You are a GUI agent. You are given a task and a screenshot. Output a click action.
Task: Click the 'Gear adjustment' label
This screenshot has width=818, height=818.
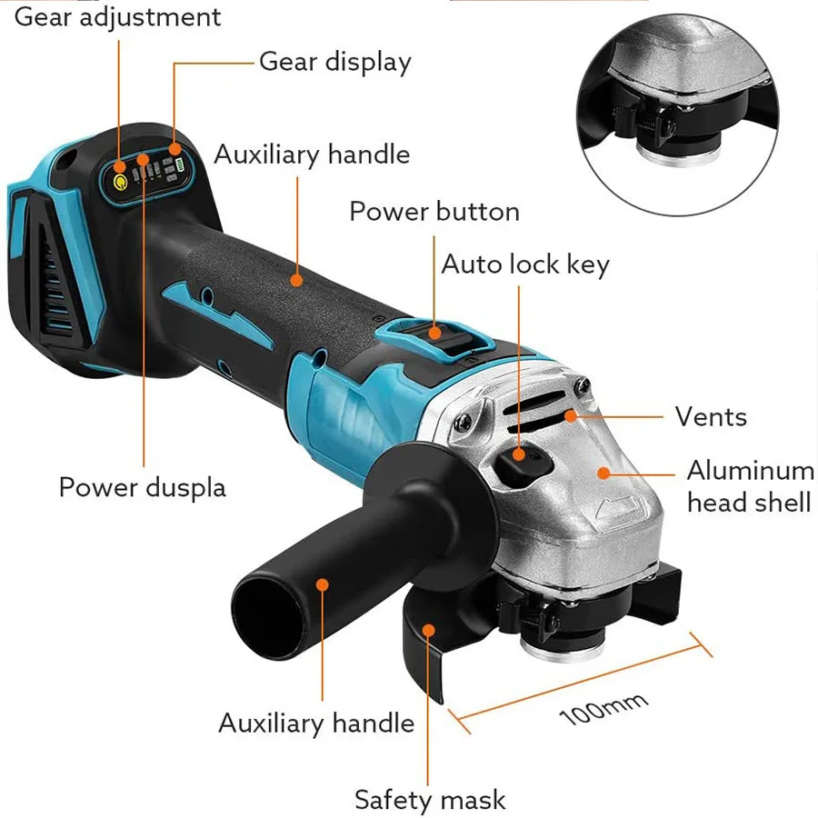[117, 16]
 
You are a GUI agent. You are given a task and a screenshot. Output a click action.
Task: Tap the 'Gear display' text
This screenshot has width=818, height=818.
[334, 62]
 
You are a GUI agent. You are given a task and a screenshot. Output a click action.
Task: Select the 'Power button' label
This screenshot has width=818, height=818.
[434, 212]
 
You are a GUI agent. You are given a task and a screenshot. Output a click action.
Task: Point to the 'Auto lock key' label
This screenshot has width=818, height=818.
[524, 264]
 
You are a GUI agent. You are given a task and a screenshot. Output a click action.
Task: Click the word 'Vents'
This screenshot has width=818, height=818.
[711, 417]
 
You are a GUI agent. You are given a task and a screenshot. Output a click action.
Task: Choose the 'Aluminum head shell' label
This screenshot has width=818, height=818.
[750, 486]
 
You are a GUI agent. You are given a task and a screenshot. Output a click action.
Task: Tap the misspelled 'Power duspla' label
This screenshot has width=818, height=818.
[142, 486]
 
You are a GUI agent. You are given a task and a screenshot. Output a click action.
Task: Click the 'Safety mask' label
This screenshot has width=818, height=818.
[429, 800]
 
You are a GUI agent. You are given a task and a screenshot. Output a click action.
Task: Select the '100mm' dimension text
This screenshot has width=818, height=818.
[604, 708]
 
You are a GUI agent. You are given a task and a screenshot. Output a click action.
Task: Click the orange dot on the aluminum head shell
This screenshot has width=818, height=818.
[602, 473]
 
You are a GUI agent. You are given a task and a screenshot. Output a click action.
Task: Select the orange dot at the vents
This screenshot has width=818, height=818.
[571, 416]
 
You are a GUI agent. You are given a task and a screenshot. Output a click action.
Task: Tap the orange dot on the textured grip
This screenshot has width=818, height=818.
[297, 280]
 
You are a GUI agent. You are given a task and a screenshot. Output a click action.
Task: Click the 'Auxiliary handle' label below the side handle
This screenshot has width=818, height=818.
[315, 723]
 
